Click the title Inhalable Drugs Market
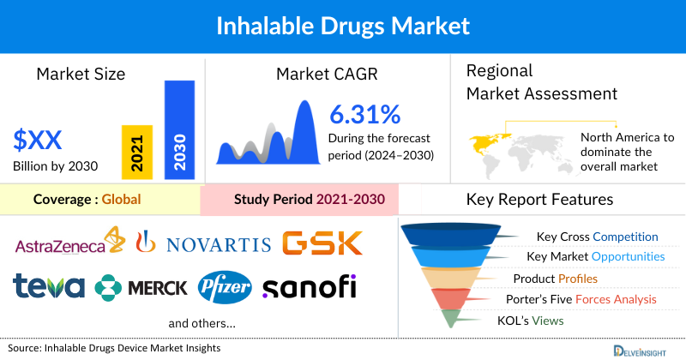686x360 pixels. pos(343,27)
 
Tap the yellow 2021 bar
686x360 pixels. pos(137,151)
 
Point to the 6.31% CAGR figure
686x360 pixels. pos(365,114)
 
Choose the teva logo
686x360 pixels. pos(49,286)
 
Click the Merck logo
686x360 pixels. pos(141,287)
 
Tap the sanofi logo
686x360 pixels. pos(309,286)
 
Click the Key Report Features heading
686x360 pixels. pos(539,200)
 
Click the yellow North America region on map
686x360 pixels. pos(485,140)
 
